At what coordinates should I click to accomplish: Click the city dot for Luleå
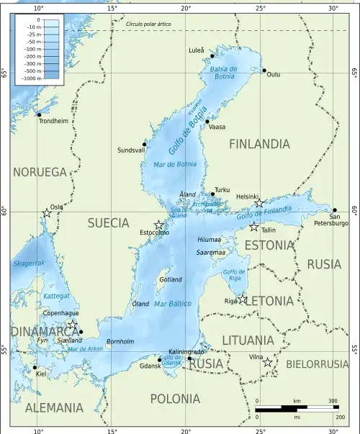tap(212, 55)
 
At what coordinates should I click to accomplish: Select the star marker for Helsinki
tap(259, 204)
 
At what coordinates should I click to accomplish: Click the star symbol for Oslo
tap(47, 213)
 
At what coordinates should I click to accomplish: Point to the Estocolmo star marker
tap(159, 225)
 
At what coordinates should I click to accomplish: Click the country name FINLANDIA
tap(259, 144)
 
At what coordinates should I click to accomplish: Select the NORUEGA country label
tap(40, 172)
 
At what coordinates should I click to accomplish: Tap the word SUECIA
tap(108, 223)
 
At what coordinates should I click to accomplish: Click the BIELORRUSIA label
tap(317, 364)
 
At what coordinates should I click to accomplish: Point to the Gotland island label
tap(171, 279)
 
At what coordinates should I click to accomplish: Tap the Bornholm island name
tap(120, 340)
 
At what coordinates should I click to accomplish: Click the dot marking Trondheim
tap(39, 114)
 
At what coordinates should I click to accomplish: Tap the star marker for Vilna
tap(268, 362)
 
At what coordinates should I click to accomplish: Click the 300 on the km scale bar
tap(333, 401)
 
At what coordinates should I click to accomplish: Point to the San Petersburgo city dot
tap(335, 210)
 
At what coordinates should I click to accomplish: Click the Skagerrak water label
tap(29, 263)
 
